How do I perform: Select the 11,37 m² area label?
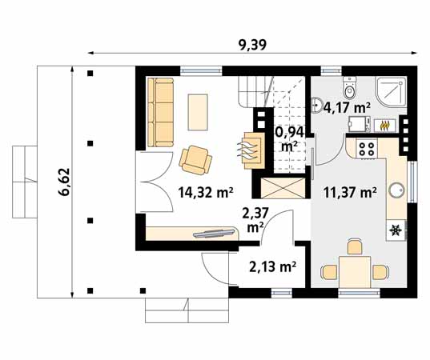(x=350, y=192)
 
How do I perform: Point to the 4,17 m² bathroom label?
(x=346, y=106)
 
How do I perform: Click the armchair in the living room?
(x=195, y=158)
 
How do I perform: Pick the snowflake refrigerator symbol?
(x=395, y=230)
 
